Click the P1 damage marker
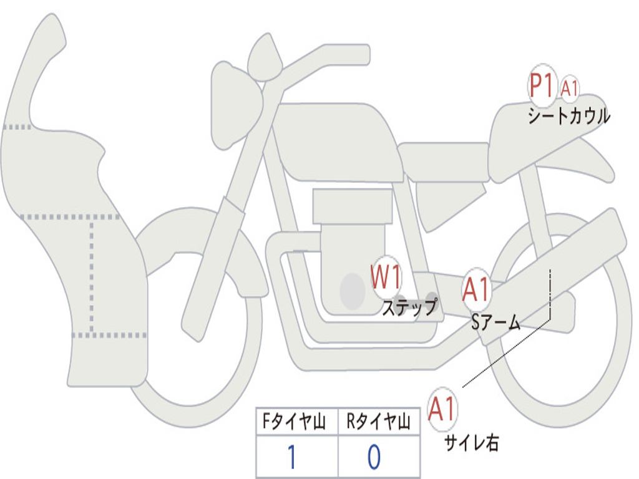pyautogui.click(x=542, y=85)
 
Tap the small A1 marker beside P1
pyautogui.click(x=569, y=89)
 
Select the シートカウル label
pyautogui.click(x=568, y=116)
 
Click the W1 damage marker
pyautogui.click(x=386, y=276)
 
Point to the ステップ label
pyautogui.click(x=409, y=307)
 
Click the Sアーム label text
pyautogui.click(x=496, y=322)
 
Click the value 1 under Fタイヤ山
pyautogui.click(x=292, y=457)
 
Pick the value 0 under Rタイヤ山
pyautogui.click(x=374, y=457)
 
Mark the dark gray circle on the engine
pyautogui.click(x=353, y=291)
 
